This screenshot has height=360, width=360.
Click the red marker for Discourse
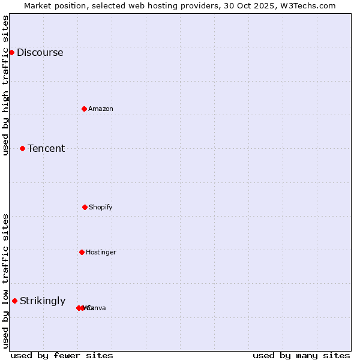click(11, 52)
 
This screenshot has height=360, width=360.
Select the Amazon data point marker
click(84, 109)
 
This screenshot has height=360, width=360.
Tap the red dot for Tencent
click(22, 148)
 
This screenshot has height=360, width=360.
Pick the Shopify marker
click(85, 207)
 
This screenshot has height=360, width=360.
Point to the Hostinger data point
click(82, 252)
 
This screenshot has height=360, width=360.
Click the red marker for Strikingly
click(14, 301)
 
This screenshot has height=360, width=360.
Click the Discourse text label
click(40, 52)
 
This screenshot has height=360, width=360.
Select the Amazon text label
click(101, 109)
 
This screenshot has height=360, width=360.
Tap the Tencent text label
click(46, 148)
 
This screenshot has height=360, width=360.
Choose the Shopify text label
click(101, 207)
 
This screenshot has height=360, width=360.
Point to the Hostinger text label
click(101, 252)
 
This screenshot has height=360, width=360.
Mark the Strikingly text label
click(43, 301)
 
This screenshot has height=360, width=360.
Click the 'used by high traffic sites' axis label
click(5, 85)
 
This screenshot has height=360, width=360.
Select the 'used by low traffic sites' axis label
click(5, 281)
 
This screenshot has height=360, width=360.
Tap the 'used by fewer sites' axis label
click(62, 355)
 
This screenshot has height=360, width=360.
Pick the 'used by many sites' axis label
click(301, 355)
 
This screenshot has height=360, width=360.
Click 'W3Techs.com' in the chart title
click(310, 5)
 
